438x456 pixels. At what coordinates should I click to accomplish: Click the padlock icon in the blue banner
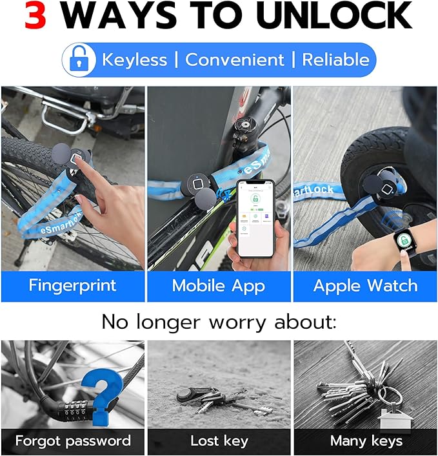(x=78, y=61)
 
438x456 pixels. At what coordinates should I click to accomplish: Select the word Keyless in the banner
(x=134, y=60)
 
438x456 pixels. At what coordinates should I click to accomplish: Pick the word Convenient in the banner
(x=235, y=60)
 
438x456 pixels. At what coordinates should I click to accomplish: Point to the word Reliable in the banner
(x=335, y=60)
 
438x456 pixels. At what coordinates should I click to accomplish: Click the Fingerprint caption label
(x=72, y=285)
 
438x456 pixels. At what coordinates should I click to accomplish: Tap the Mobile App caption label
(x=218, y=285)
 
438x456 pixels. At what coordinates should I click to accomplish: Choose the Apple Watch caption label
(x=365, y=285)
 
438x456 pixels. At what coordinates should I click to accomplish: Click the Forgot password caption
(x=72, y=441)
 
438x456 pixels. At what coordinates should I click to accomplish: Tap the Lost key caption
(x=219, y=441)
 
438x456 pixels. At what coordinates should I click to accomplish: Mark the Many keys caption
(x=366, y=441)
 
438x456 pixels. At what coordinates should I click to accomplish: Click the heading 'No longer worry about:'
(x=219, y=321)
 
